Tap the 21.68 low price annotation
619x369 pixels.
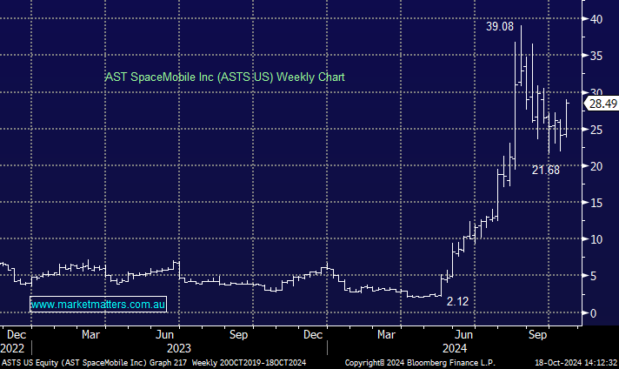click(546, 171)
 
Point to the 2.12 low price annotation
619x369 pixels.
click(457, 302)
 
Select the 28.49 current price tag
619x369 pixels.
click(602, 104)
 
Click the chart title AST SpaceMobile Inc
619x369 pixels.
click(224, 77)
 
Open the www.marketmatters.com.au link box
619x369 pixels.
click(98, 304)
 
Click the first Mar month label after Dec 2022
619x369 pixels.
click(90, 333)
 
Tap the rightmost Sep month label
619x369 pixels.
click(538, 333)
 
